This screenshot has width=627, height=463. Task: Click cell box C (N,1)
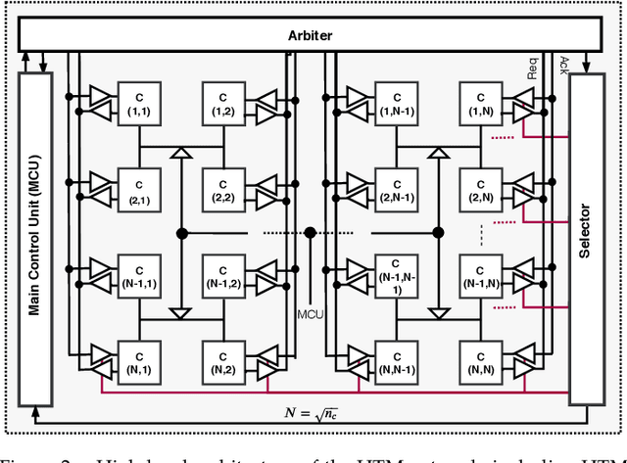(x=138, y=362)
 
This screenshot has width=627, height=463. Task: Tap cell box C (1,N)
(x=479, y=103)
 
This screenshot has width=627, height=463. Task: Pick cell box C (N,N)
(x=479, y=362)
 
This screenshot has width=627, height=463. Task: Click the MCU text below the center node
(x=310, y=315)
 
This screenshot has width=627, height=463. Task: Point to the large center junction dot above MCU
(x=310, y=232)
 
